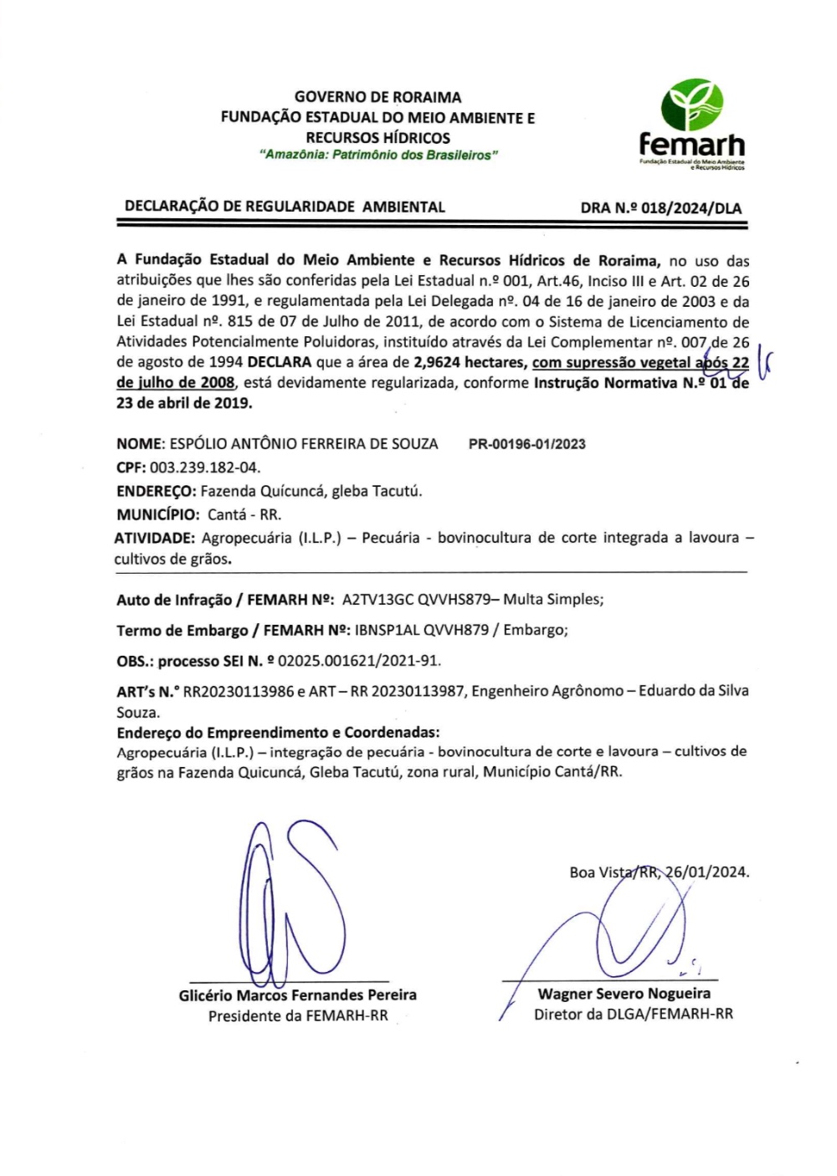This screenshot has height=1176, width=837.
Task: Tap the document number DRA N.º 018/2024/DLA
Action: tap(660, 208)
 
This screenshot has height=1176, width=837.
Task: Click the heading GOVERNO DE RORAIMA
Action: tap(377, 97)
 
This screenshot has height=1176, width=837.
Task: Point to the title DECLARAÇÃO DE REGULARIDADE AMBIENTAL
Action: tap(285, 207)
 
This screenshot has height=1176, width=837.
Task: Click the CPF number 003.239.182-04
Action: tap(204, 467)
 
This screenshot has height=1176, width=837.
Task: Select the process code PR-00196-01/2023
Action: tap(526, 444)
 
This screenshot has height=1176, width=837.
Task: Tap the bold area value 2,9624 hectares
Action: tap(468, 362)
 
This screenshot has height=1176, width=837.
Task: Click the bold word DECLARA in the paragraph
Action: tap(279, 362)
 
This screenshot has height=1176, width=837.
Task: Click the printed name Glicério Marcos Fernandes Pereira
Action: tap(297, 994)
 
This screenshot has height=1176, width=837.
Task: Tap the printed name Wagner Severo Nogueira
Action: tap(624, 994)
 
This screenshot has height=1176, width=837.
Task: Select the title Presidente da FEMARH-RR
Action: tap(298, 1016)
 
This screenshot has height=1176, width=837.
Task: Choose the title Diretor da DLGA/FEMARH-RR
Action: tap(633, 1015)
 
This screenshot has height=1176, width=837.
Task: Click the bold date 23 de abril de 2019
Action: tap(183, 402)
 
